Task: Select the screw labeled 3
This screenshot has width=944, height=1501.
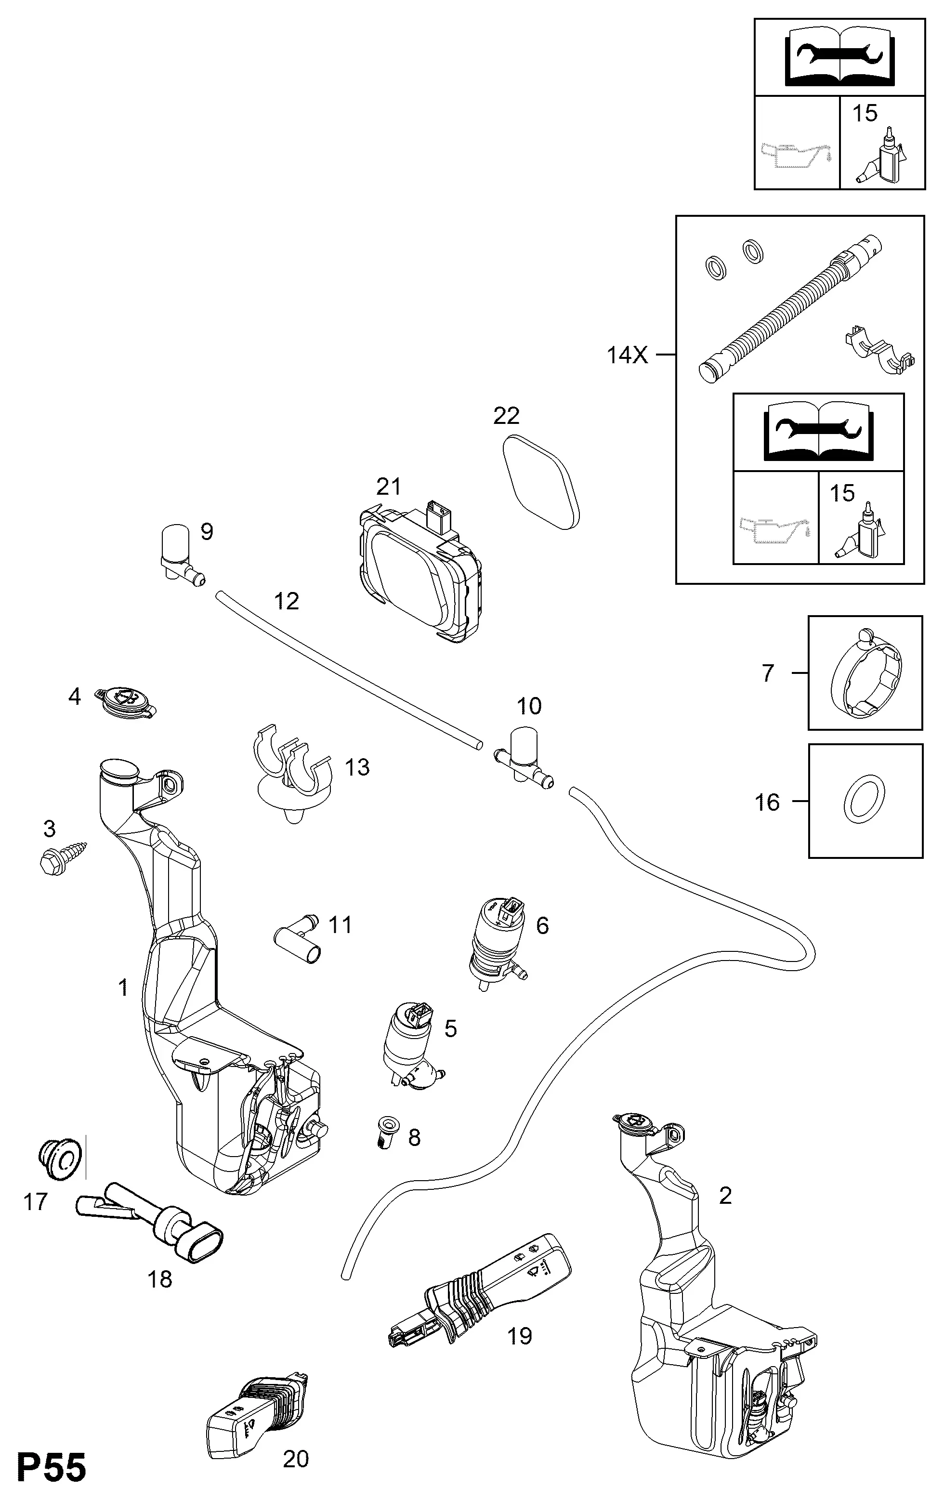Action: [63, 858]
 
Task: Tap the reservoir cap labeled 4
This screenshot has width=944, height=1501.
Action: [125, 701]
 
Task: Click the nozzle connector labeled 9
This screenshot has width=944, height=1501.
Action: [181, 554]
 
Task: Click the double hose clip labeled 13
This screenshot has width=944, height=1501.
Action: [293, 773]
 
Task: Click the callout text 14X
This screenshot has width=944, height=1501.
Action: [628, 355]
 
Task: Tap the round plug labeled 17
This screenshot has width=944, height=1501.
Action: [61, 1160]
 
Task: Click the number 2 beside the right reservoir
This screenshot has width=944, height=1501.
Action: [725, 1196]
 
